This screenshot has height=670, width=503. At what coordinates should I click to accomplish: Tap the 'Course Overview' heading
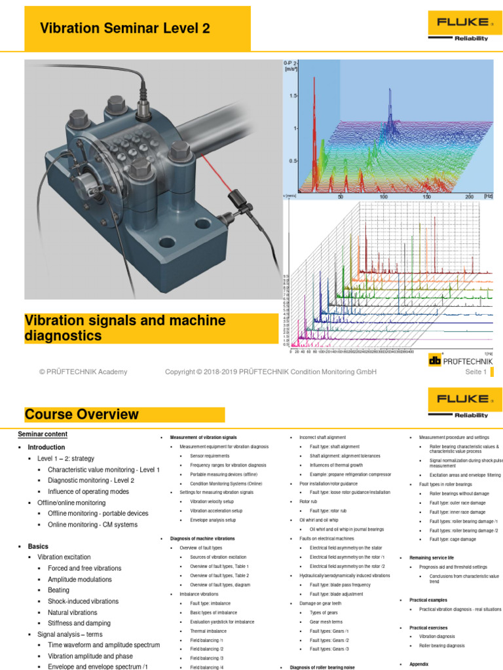(x=82, y=414)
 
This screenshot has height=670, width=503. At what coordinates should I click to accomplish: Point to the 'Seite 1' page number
(x=475, y=372)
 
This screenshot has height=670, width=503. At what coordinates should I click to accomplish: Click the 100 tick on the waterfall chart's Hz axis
(x=383, y=196)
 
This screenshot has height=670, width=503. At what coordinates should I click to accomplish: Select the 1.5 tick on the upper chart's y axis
(x=293, y=96)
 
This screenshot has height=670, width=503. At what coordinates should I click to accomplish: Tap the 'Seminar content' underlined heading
(x=43, y=434)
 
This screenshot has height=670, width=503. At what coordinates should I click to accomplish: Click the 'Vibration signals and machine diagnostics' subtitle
(x=124, y=328)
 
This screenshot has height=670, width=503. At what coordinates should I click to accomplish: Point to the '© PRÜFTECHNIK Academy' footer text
(x=83, y=372)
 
